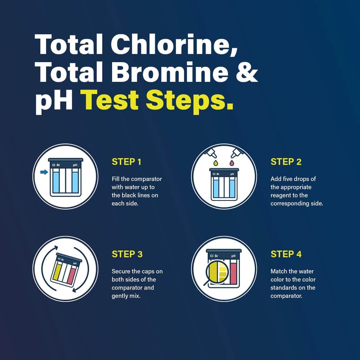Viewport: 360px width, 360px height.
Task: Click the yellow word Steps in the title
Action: tap(188, 101)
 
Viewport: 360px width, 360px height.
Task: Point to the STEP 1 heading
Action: tap(126, 162)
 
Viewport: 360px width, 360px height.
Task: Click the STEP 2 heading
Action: tap(286, 162)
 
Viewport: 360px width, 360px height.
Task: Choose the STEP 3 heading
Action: tap(126, 254)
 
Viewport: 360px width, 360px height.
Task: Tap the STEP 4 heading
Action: tap(286, 254)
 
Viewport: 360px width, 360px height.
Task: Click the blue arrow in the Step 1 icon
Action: tap(44, 172)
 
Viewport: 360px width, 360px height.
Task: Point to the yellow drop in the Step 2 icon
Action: tap(214, 163)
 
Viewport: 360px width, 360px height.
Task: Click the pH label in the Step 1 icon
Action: tap(75, 165)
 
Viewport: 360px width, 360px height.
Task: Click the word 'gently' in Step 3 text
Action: tap(121, 296)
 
